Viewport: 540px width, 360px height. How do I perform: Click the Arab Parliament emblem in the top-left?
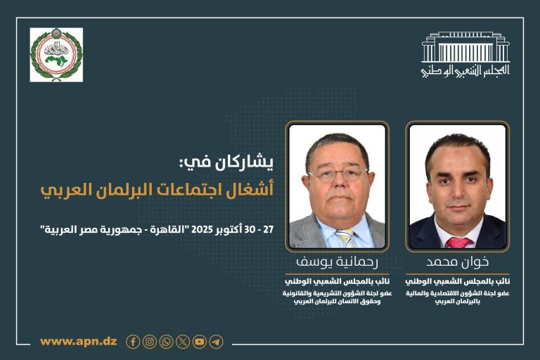point(56,55)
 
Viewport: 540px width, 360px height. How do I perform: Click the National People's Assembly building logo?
point(465,54)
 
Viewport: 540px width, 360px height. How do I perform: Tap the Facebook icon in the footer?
point(133,342)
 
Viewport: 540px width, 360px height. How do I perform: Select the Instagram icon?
point(150,342)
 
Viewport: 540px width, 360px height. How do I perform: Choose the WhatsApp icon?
point(166,342)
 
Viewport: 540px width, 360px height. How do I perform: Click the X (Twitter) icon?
point(183,342)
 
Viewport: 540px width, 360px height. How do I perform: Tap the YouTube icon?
point(200,342)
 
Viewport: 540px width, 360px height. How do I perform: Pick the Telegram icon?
point(216,342)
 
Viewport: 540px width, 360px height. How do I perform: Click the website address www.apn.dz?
point(79,342)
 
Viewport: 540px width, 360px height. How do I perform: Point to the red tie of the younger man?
point(458,242)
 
